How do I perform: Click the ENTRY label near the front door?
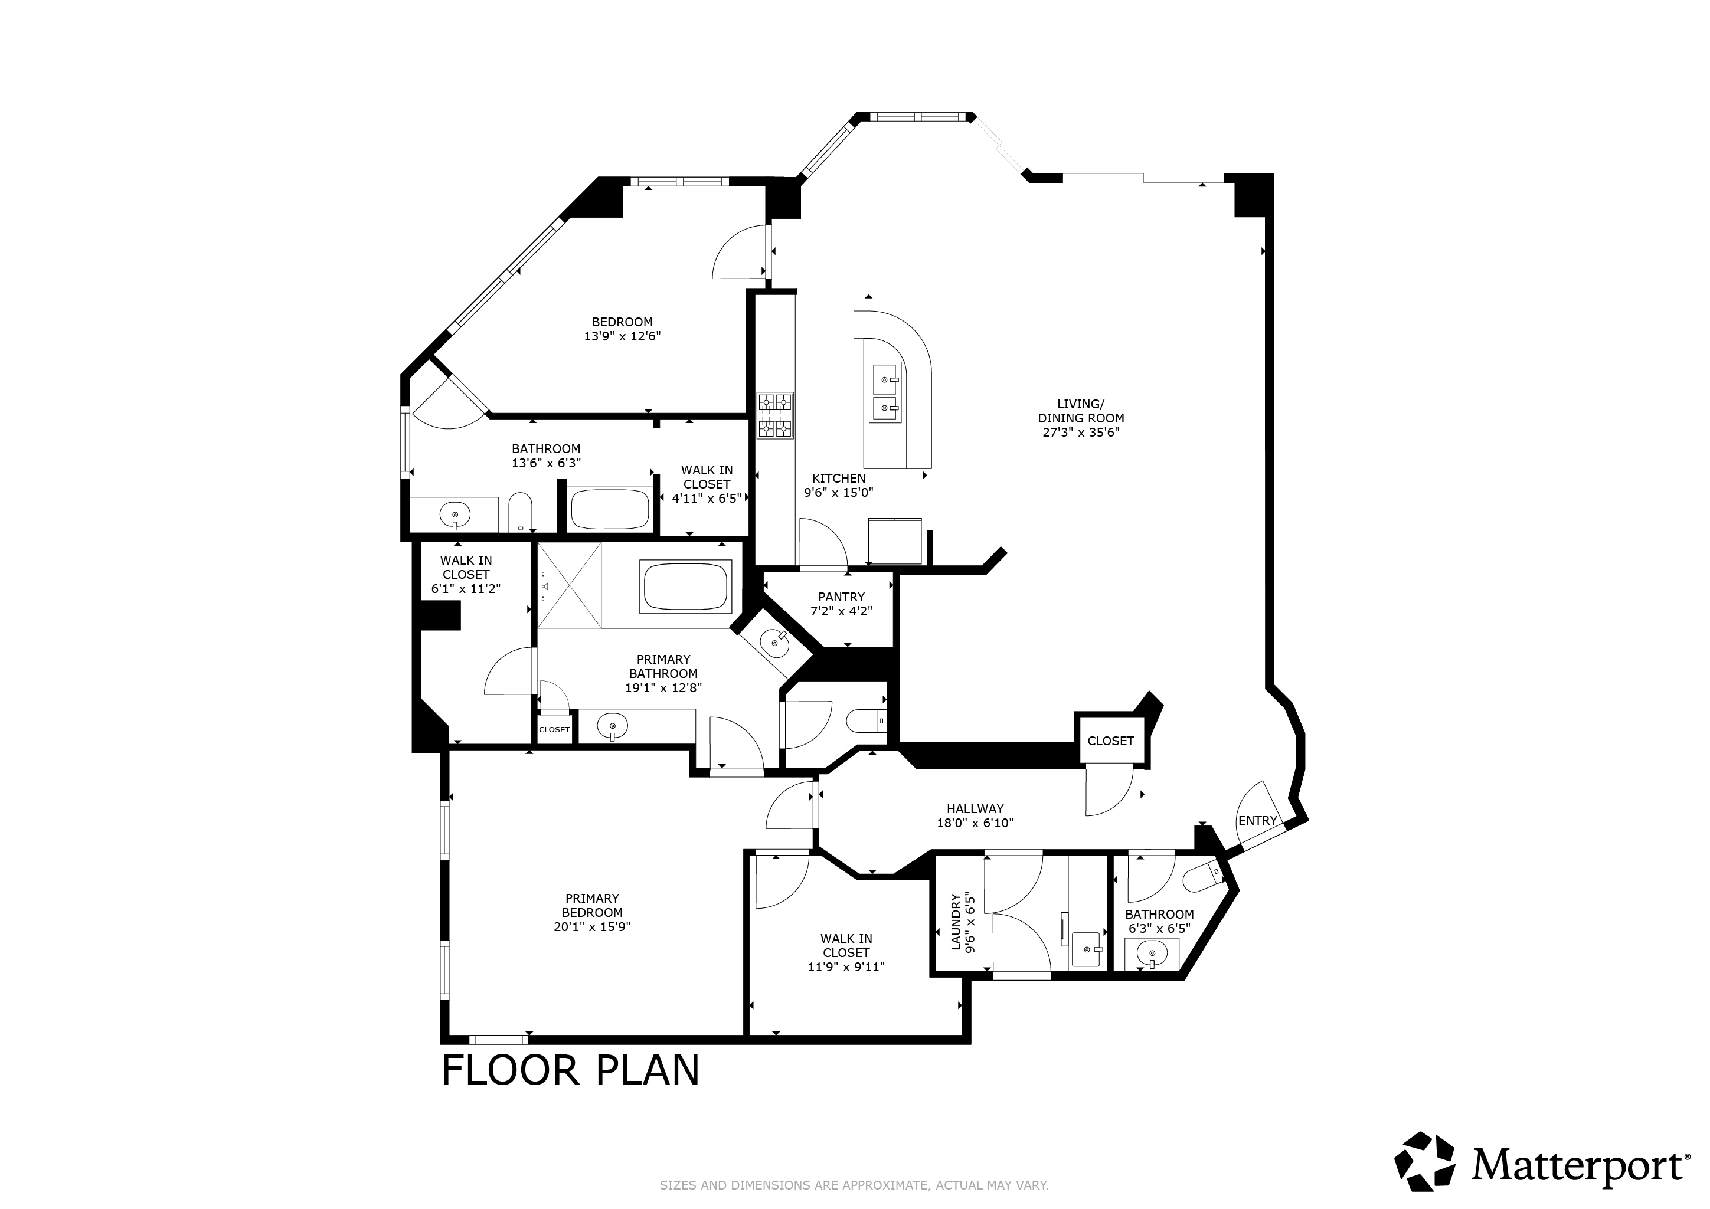pyautogui.click(x=1257, y=820)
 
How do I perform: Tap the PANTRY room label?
pyautogui.click(x=841, y=597)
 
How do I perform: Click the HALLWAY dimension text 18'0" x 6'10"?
pyautogui.click(x=975, y=823)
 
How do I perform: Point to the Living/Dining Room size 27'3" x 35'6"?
pyautogui.click(x=1081, y=432)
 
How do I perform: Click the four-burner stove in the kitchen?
pyautogui.click(x=775, y=415)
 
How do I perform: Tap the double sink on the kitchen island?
pyautogui.click(x=886, y=393)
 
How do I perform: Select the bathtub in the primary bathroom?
pyautogui.click(x=685, y=587)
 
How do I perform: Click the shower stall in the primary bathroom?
pyautogui.click(x=569, y=586)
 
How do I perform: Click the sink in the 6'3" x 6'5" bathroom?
pyautogui.click(x=1152, y=954)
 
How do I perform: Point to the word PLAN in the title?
pyautogui.click(x=647, y=1070)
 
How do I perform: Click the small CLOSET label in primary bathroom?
pyautogui.click(x=554, y=729)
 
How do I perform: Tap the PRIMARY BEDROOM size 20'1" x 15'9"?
pyautogui.click(x=592, y=926)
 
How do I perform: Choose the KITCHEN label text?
pyautogui.click(x=839, y=479)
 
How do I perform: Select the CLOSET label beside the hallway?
pyautogui.click(x=1110, y=741)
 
